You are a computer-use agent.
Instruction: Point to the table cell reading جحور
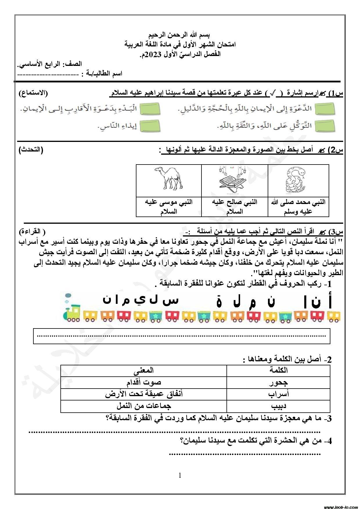pyautogui.click(x=278, y=382)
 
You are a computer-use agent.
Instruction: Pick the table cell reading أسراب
pyautogui.click(x=278, y=394)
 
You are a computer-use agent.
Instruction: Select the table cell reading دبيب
pyautogui.click(x=278, y=406)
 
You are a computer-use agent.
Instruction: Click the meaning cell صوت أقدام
pyautogui.click(x=144, y=382)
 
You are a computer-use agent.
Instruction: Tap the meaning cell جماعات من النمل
pyautogui.click(x=144, y=406)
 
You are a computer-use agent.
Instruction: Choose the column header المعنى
pyautogui.click(x=144, y=370)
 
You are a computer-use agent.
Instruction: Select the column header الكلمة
pyautogui.click(x=278, y=370)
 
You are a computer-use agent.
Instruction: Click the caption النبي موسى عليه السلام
pyautogui.click(x=169, y=206)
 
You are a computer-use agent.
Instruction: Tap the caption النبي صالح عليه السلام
pyautogui.click(x=234, y=206)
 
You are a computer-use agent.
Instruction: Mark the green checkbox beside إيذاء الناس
pyautogui.click(x=150, y=126)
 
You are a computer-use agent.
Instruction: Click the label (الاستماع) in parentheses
pyautogui.click(x=33, y=93)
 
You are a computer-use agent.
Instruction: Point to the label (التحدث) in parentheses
pyautogui.click(x=31, y=150)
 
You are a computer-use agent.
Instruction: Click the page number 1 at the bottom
pyautogui.click(x=180, y=475)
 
